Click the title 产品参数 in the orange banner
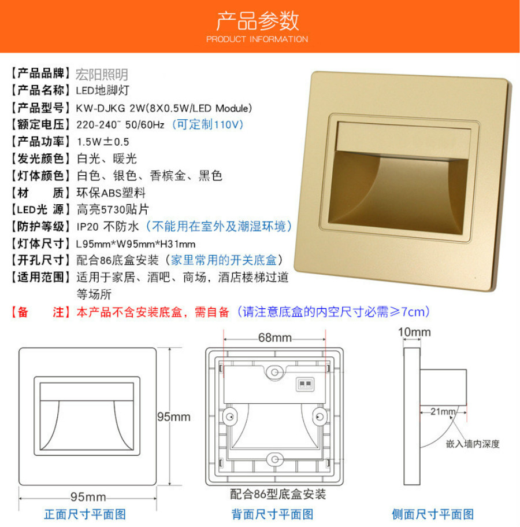(x=258, y=21)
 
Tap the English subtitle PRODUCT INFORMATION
(x=257, y=39)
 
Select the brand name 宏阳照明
(x=102, y=74)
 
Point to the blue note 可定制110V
(x=207, y=124)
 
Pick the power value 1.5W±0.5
(x=103, y=142)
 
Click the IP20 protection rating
(x=87, y=227)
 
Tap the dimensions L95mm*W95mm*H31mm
(x=136, y=244)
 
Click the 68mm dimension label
(x=274, y=337)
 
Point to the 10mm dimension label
(x=414, y=332)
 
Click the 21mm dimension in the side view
(x=443, y=411)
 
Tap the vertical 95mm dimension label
(x=173, y=417)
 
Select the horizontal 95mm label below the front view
(x=88, y=497)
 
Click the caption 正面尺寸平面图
(x=85, y=514)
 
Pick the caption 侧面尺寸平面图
(x=433, y=514)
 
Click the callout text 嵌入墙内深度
(x=473, y=444)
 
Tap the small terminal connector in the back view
(x=305, y=384)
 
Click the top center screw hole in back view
(x=275, y=372)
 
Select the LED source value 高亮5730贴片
(x=113, y=210)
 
